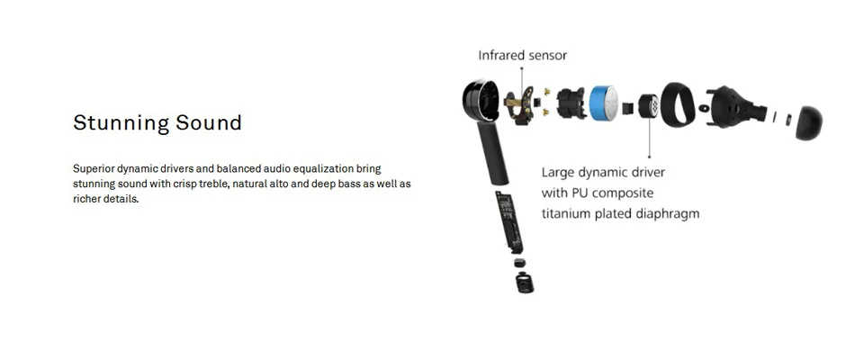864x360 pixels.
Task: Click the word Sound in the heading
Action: click(x=209, y=121)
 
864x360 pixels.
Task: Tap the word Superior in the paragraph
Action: click(x=93, y=168)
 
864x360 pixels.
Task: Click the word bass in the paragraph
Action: click(x=349, y=184)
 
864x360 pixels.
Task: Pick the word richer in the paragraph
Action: click(x=85, y=199)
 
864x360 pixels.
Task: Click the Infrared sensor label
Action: click(x=522, y=55)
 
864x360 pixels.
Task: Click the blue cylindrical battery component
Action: click(x=605, y=103)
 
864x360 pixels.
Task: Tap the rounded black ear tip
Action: click(x=808, y=122)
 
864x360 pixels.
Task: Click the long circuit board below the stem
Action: click(x=509, y=222)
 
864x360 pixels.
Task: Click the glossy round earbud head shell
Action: click(x=481, y=101)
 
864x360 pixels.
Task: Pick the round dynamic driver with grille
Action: click(x=648, y=106)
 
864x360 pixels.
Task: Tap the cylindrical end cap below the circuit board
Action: click(x=525, y=283)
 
